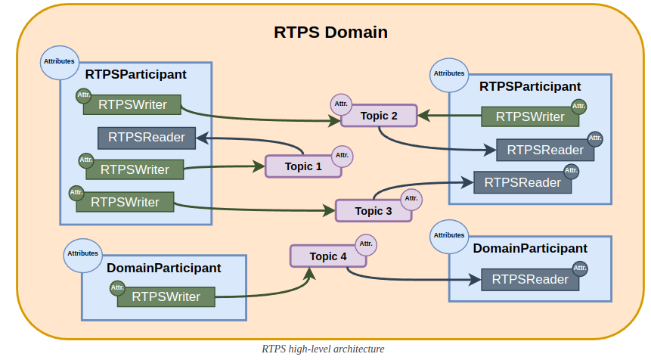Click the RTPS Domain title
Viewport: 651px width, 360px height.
click(x=330, y=33)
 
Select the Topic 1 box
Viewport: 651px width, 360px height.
click(x=303, y=166)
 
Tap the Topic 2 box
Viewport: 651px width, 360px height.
click(x=379, y=116)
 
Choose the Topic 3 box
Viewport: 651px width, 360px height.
click(x=373, y=211)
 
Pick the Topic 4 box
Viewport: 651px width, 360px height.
click(x=328, y=256)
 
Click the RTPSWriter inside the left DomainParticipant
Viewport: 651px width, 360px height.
click(x=166, y=296)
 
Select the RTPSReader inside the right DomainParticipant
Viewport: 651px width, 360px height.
click(x=530, y=279)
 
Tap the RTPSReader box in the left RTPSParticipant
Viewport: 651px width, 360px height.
click(x=147, y=137)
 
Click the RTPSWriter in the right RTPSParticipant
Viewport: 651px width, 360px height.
click(x=530, y=116)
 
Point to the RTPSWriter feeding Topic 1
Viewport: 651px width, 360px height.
click(x=135, y=169)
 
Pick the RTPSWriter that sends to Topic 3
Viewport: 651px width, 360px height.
click(x=125, y=202)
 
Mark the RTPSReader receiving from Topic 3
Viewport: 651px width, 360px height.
click(x=522, y=182)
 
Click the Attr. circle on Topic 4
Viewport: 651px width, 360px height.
click(x=366, y=244)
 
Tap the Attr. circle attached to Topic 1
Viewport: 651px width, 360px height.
click(x=342, y=155)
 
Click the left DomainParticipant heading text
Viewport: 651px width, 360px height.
click(x=164, y=268)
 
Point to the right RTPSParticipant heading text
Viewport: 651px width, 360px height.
click(x=530, y=87)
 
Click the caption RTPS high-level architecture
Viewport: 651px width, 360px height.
click(x=323, y=349)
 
